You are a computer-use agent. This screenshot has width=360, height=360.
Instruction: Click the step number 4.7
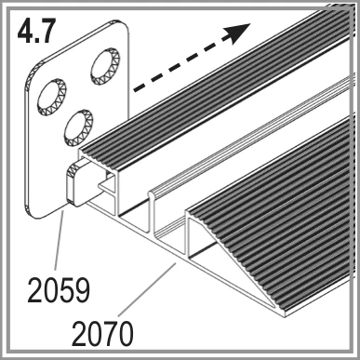click(36, 31)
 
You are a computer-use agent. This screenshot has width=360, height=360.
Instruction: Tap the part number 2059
click(59, 290)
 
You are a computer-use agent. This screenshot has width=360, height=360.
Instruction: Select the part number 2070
click(102, 334)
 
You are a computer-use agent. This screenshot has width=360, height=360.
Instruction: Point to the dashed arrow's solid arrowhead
click(239, 33)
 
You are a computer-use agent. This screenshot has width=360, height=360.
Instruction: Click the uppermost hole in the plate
click(105, 66)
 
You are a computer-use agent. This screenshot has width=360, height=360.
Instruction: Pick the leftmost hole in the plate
click(51, 97)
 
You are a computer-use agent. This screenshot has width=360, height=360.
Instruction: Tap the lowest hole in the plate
click(78, 127)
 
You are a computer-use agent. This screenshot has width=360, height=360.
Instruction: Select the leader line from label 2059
click(60, 240)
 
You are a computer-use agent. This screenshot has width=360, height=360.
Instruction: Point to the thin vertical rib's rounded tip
click(152, 194)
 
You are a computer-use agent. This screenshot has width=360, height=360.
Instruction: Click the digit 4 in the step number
click(26, 31)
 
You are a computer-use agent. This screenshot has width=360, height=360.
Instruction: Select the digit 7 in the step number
click(47, 31)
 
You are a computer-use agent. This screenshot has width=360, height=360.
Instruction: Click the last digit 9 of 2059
click(82, 290)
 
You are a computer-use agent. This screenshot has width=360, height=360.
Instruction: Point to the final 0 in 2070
click(126, 334)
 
